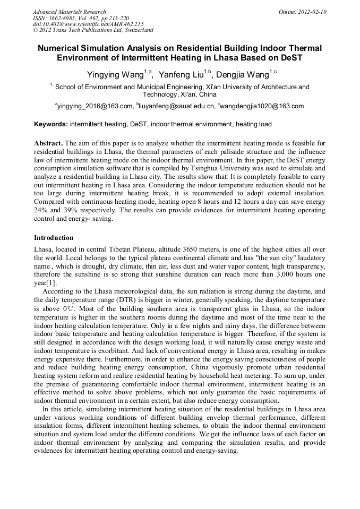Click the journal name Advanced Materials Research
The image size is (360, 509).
pos(69,12)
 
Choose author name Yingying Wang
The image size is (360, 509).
pos(113,74)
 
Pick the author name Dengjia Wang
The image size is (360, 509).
pos(243,74)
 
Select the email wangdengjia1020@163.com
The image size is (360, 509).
pos(262,106)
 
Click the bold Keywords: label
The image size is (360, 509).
pos(51,124)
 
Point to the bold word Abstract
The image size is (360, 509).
pos(48,143)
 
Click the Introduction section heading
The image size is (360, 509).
pos(54,237)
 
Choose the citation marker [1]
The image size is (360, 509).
pos(50,283)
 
